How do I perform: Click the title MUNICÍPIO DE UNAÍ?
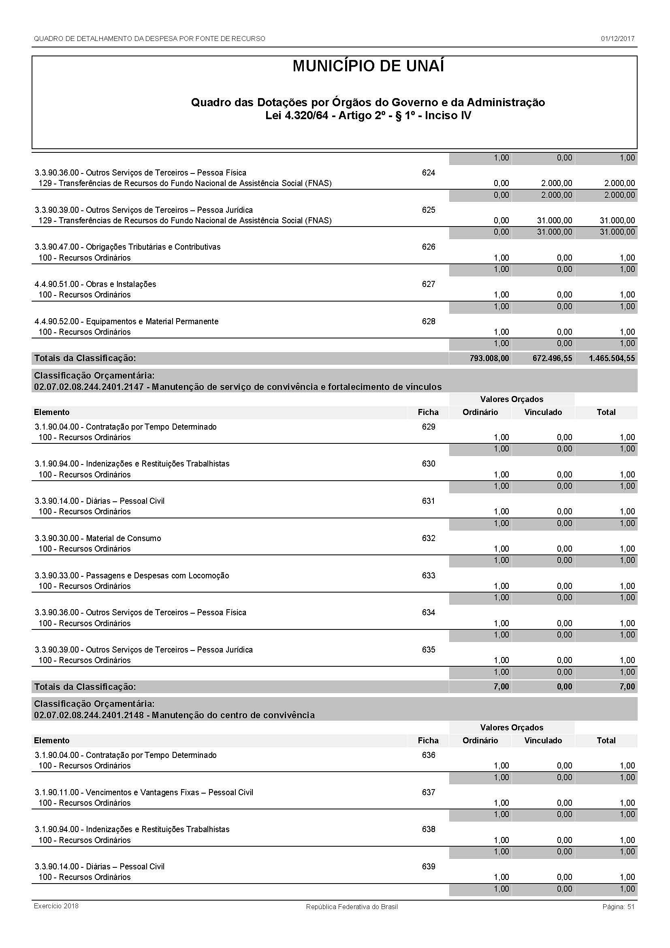point(368,66)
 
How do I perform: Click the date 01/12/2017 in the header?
point(617,39)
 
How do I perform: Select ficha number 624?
point(428,173)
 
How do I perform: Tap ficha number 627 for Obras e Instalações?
point(428,284)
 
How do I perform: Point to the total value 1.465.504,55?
point(611,358)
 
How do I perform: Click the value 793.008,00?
point(489,358)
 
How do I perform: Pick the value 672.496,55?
point(552,358)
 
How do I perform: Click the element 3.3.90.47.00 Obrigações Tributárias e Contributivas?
point(128,247)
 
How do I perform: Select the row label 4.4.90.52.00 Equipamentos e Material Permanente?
point(126,321)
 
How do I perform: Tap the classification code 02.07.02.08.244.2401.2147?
point(89,387)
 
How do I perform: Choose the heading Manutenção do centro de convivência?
point(233,715)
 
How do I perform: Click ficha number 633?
point(428,575)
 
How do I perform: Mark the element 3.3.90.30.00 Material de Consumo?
point(98,538)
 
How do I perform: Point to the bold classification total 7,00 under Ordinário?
point(501,687)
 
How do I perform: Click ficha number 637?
point(428,792)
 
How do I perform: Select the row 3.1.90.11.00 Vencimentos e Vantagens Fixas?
point(143,792)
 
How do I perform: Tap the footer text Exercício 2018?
point(56,906)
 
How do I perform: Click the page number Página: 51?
point(618,907)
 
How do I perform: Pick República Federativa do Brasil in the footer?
point(352,907)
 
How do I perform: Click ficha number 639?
point(428,866)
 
